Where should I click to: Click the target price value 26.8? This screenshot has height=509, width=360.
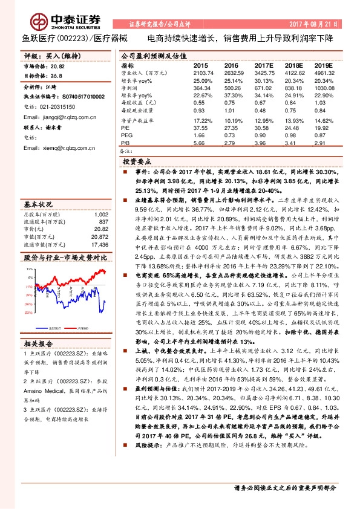56,76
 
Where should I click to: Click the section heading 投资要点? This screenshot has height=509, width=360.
137,162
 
